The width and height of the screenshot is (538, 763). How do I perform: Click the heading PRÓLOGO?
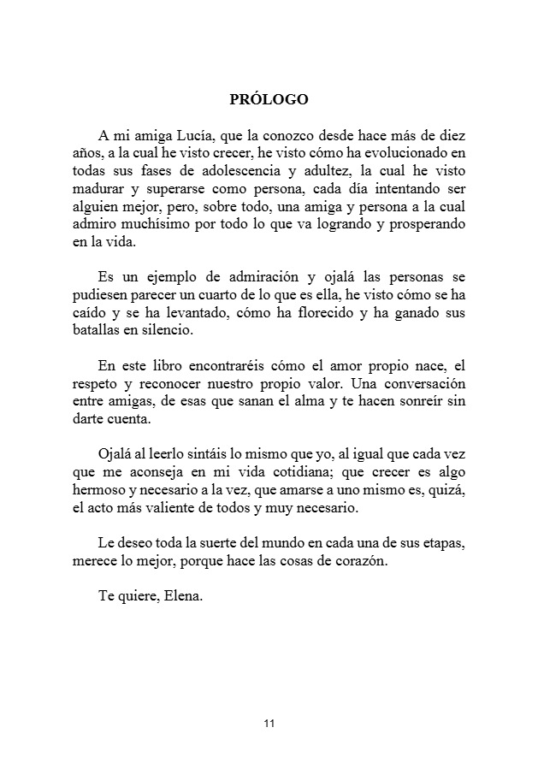(269, 99)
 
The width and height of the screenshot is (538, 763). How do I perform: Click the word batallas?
(94, 331)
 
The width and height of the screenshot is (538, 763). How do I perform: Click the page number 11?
(269, 725)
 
